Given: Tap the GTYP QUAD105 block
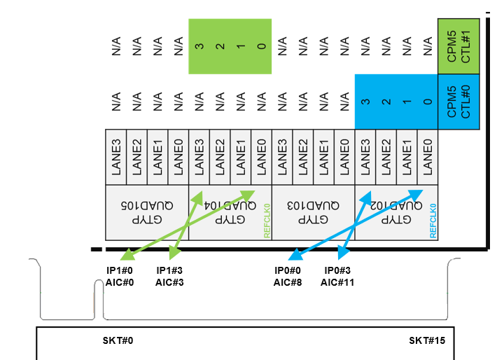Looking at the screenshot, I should pyautogui.click(x=146, y=212).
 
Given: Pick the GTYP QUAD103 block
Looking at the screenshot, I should pyautogui.click(x=312, y=212).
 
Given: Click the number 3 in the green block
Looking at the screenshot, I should pyautogui.click(x=199, y=47).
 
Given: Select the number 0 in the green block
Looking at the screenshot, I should pyautogui.click(x=261, y=47).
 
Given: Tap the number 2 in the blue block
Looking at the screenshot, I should pyautogui.click(x=385, y=102).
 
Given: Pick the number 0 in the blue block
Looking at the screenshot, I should pyautogui.click(x=426, y=102).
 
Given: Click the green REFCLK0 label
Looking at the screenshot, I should pyautogui.click(x=267, y=223).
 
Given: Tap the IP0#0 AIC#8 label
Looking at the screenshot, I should pyautogui.click(x=287, y=276).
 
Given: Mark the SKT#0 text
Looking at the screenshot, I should pyautogui.click(x=118, y=340).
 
